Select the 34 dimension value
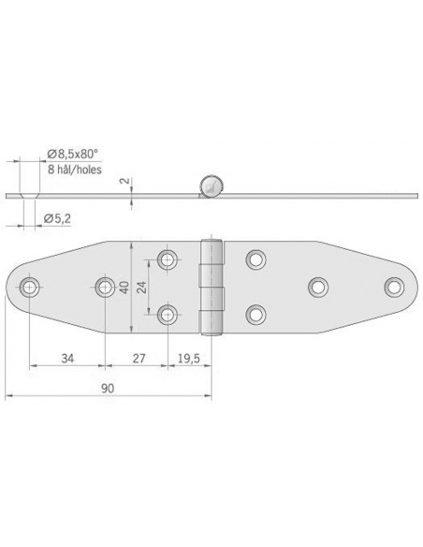tap(67, 357)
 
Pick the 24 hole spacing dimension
tap(143, 286)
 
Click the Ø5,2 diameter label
tap(59, 218)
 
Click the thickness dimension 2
tap(123, 182)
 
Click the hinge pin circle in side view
tap(212, 185)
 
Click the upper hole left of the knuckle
tap(168, 259)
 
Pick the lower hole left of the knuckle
tap(168, 313)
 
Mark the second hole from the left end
tap(103, 286)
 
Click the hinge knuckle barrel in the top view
tap(214, 286)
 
